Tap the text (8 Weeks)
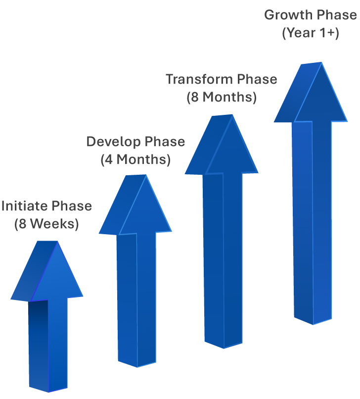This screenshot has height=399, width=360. click(46, 224)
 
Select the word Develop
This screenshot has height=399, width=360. click(114, 142)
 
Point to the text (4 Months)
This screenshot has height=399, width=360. click(135, 159)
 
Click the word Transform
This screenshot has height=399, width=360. click(200, 79)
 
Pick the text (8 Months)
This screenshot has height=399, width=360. click(222, 97)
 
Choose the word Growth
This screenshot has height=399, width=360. click(285, 15)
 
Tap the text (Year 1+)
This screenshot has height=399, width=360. click(311, 33)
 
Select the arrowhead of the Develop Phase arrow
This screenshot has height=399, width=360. click(135, 204)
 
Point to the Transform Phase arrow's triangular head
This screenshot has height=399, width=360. click(222, 145)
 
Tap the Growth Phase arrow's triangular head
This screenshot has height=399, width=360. click(311, 92)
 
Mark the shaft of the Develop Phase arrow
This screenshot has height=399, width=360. click(136, 299)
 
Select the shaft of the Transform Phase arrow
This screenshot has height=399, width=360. click(223, 260)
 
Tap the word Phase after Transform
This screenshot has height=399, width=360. click(257, 79)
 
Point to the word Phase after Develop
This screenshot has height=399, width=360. click(165, 142)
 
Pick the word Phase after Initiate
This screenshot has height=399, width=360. click(72, 206)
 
